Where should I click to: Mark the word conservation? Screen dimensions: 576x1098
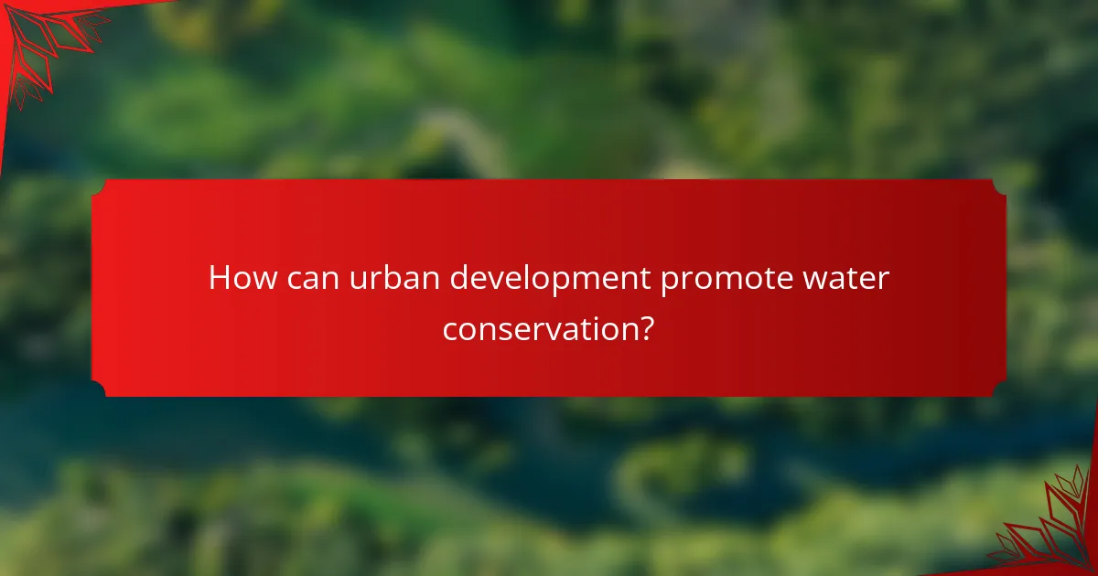[x=539, y=328]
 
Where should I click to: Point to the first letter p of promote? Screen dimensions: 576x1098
[x=670, y=282]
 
